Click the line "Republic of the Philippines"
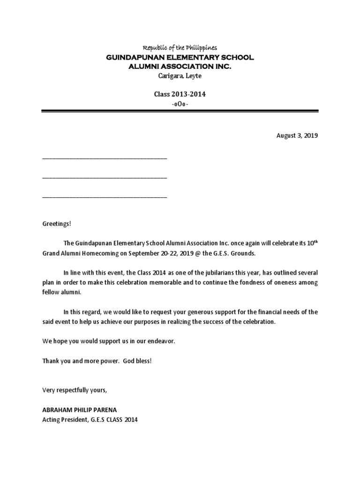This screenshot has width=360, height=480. pos(180,48)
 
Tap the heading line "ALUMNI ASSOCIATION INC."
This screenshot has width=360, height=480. pos(180,67)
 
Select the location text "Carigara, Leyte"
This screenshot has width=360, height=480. pos(180,76)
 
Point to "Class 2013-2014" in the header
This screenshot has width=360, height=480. pos(180,94)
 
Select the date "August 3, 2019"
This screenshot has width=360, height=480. pos(297,136)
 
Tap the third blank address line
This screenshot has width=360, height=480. pos(105,196)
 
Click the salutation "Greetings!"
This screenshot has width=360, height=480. pos(57,224)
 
